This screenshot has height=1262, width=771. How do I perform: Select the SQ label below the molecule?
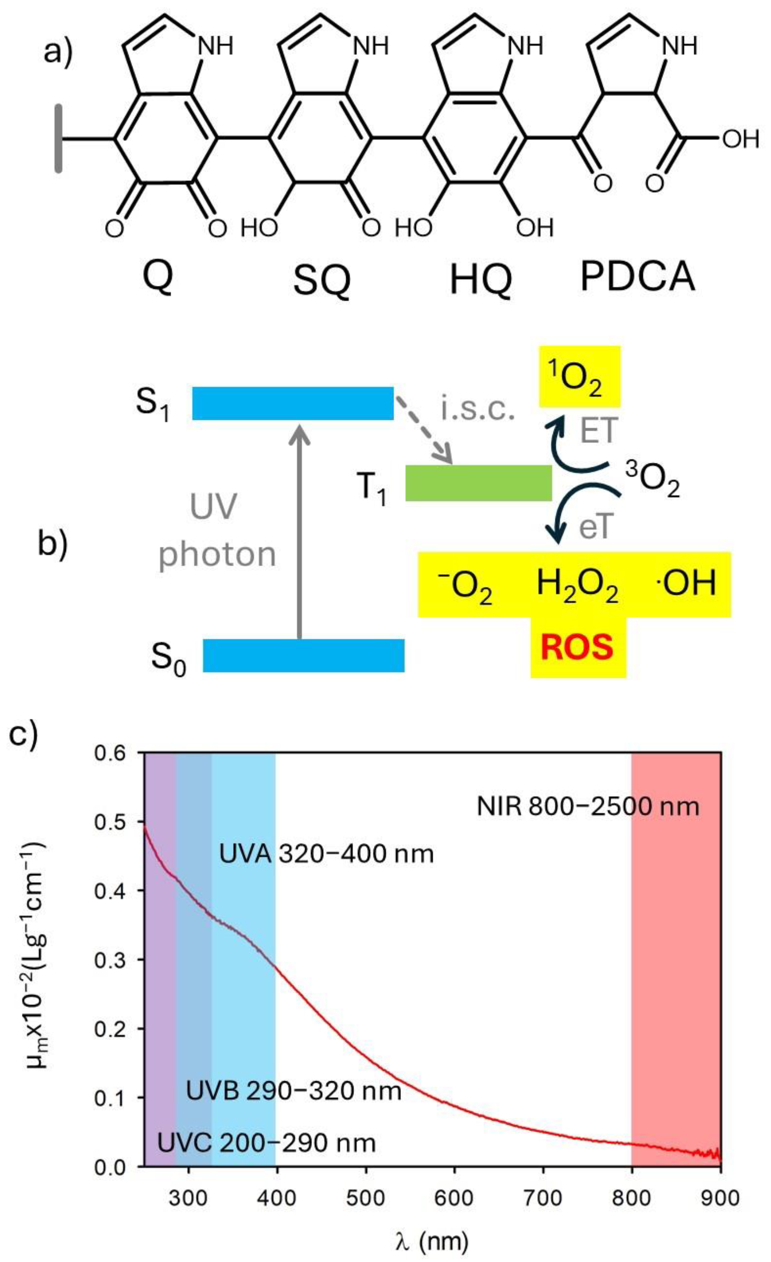tap(321, 281)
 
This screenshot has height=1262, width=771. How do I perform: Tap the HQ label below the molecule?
tap(481, 281)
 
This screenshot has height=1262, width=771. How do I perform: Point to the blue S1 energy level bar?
tap(292, 404)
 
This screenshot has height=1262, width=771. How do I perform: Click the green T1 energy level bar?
tap(478, 482)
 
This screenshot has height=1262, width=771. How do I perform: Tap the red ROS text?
tap(577, 648)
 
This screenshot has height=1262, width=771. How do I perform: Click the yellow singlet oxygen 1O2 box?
tap(579, 376)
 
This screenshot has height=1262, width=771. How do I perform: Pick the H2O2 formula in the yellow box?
tap(577, 585)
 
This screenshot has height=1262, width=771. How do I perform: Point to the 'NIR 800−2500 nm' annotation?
tap(588, 807)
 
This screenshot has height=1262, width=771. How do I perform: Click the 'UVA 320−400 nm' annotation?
tap(326, 854)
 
